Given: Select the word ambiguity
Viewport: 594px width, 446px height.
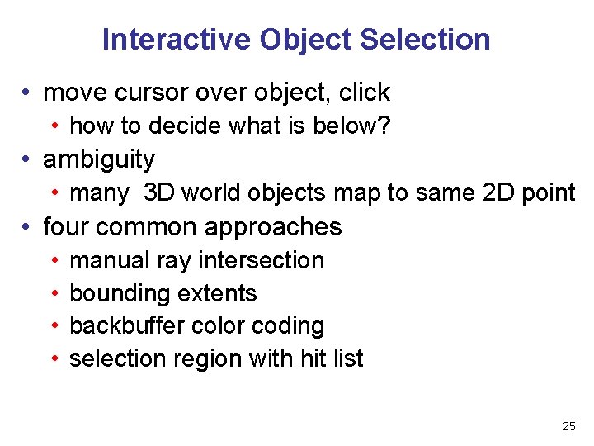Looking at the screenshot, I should (99, 159).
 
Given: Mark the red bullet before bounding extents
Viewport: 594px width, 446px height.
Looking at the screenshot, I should (54, 294).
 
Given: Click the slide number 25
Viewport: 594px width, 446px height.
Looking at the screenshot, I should (568, 426).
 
